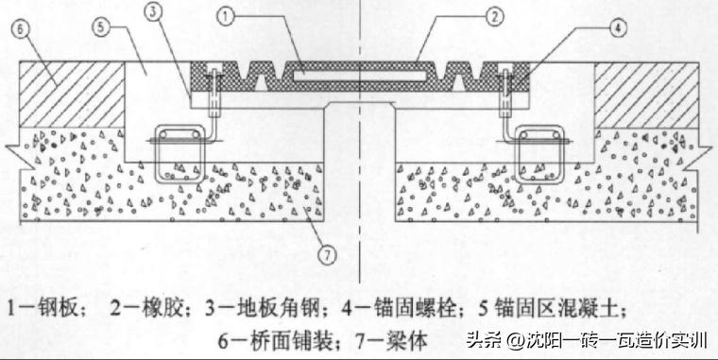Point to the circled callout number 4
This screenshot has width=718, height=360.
(x=617, y=27)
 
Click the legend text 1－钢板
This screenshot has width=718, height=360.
(x=48, y=308)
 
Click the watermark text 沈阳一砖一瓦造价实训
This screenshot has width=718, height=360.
(x=606, y=339)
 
